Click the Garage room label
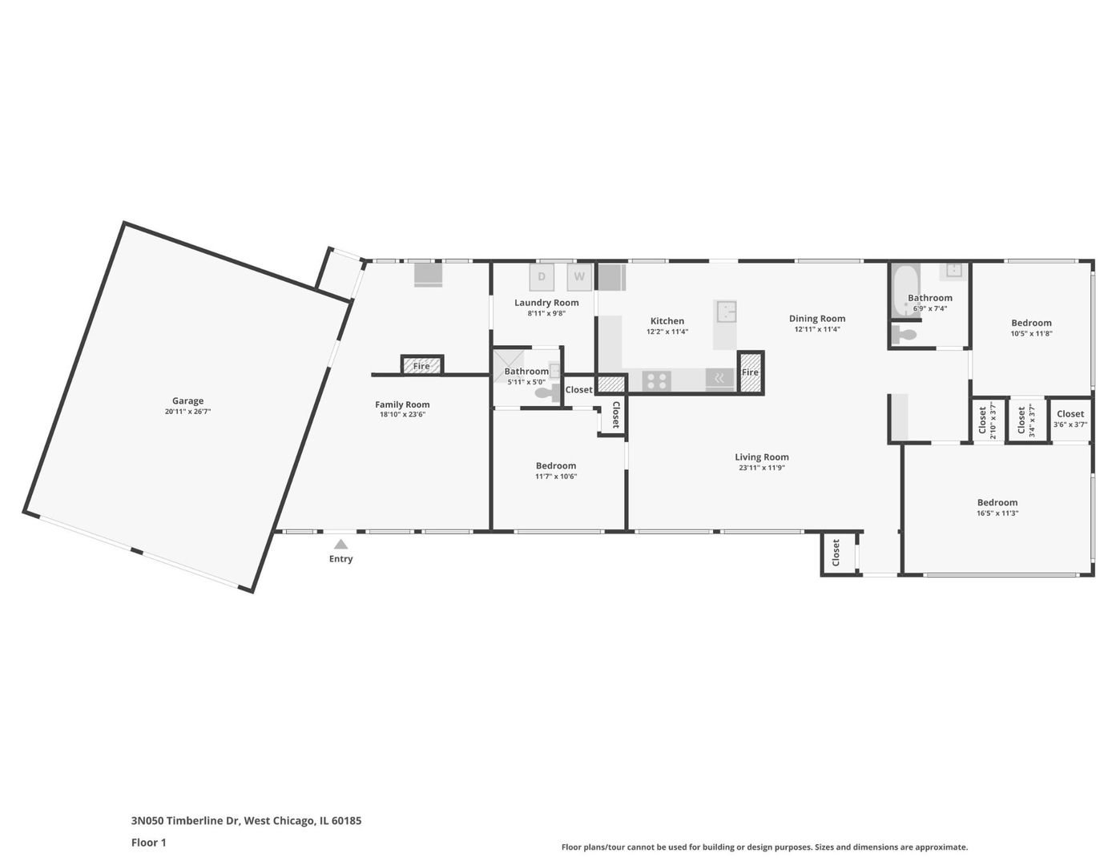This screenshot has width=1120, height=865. tap(187, 401)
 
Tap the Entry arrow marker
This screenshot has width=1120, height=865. tap(340, 545)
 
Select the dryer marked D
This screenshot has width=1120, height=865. tap(542, 277)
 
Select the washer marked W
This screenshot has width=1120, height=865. tap(579, 277)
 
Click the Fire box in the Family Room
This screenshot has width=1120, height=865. tap(421, 365)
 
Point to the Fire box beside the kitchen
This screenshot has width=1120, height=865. tap(750, 372)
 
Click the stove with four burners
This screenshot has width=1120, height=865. tap(656, 380)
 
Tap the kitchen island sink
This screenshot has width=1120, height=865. tap(726, 312)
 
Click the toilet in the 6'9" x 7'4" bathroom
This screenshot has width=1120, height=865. tap(904, 335)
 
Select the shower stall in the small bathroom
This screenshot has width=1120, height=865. tap(507, 365)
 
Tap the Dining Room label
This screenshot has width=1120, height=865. tap(816, 319)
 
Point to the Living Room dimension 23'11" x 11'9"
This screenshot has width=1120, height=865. tap(762, 468)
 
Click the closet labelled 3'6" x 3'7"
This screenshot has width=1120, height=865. tap(1070, 419)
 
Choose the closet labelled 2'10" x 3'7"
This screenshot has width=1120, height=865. tap(987, 420)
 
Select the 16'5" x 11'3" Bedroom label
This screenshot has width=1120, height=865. tap(997, 502)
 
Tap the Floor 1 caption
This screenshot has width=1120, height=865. tap(148, 842)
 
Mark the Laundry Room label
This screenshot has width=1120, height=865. tap(546, 303)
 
